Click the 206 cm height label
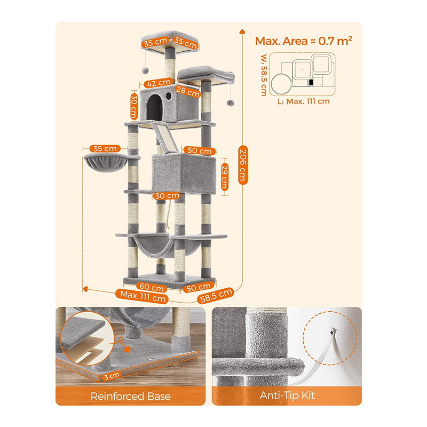[x=243, y=165]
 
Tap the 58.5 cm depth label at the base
[x=216, y=296]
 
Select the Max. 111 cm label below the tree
[x=143, y=296]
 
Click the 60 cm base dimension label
[x=152, y=287]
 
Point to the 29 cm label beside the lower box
[x=225, y=177]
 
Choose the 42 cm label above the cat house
[x=159, y=83]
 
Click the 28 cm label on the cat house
[x=188, y=91]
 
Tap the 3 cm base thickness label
[x=112, y=376]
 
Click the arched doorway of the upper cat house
[x=155, y=107]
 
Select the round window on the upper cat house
[x=169, y=96]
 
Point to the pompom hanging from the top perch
[x=145, y=70]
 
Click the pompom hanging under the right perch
[x=231, y=102]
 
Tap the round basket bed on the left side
[x=106, y=162]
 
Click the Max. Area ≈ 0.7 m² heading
[x=304, y=41]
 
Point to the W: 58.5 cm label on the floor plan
[x=264, y=75]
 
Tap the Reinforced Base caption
[x=130, y=396]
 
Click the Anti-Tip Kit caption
[x=287, y=396]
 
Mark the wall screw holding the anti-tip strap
[x=331, y=332]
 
